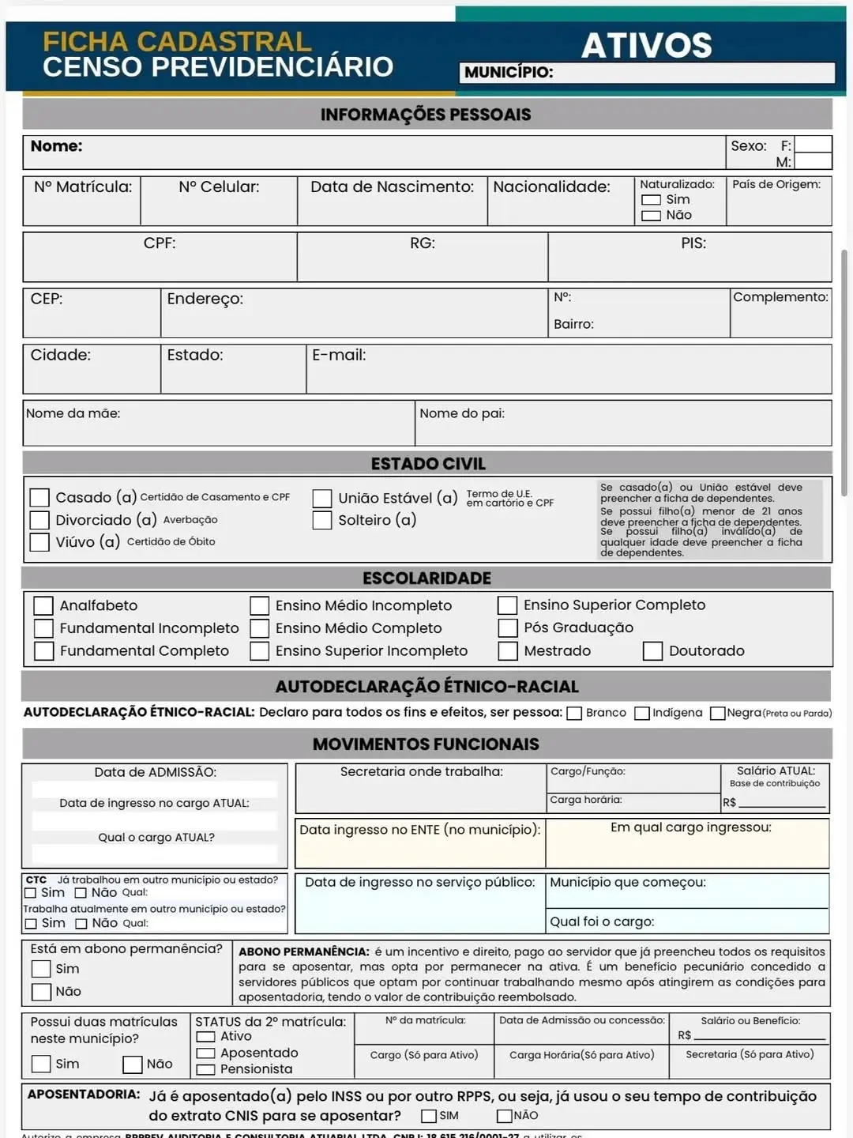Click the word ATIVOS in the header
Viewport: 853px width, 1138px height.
[646, 46]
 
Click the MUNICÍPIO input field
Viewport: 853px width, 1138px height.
[693, 73]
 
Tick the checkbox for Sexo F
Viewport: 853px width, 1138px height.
[813, 145]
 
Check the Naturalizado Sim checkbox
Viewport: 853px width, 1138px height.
[651, 200]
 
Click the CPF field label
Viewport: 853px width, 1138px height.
[160, 243]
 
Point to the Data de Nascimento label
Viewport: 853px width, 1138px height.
[392, 187]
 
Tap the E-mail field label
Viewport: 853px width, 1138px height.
[339, 356]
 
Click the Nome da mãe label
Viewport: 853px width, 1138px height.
[73, 413]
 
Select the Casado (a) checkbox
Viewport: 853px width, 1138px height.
[39, 497]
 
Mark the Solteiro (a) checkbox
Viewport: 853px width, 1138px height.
[321, 520]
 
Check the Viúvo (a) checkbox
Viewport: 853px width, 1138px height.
[39, 542]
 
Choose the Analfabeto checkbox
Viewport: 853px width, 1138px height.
[43, 605]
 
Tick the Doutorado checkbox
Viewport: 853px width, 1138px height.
[652, 651]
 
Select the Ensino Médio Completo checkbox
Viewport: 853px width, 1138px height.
[260, 628]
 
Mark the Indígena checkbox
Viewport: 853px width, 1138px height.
[642, 714]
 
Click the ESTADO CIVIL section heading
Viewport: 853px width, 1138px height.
[427, 464]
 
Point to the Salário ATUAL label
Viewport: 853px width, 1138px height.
[776, 771]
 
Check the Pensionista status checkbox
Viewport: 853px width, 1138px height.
[206, 1070]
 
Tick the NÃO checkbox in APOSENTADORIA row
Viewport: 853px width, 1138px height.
[504, 1116]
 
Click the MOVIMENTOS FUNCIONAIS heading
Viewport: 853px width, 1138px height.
[426, 744]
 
